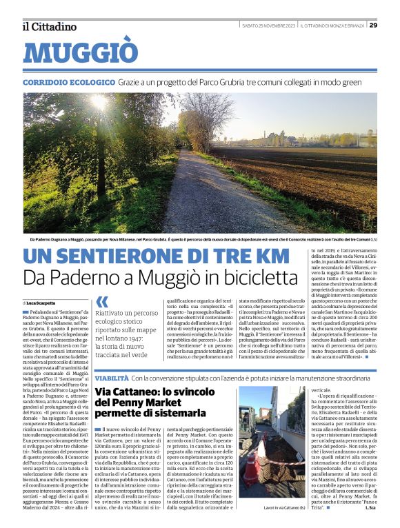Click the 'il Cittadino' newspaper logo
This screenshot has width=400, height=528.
click(x=48, y=26)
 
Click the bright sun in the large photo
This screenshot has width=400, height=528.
click(x=97, y=103)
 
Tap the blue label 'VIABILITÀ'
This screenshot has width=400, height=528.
click(x=110, y=378)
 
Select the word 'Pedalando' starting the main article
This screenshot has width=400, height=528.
click(x=44, y=313)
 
